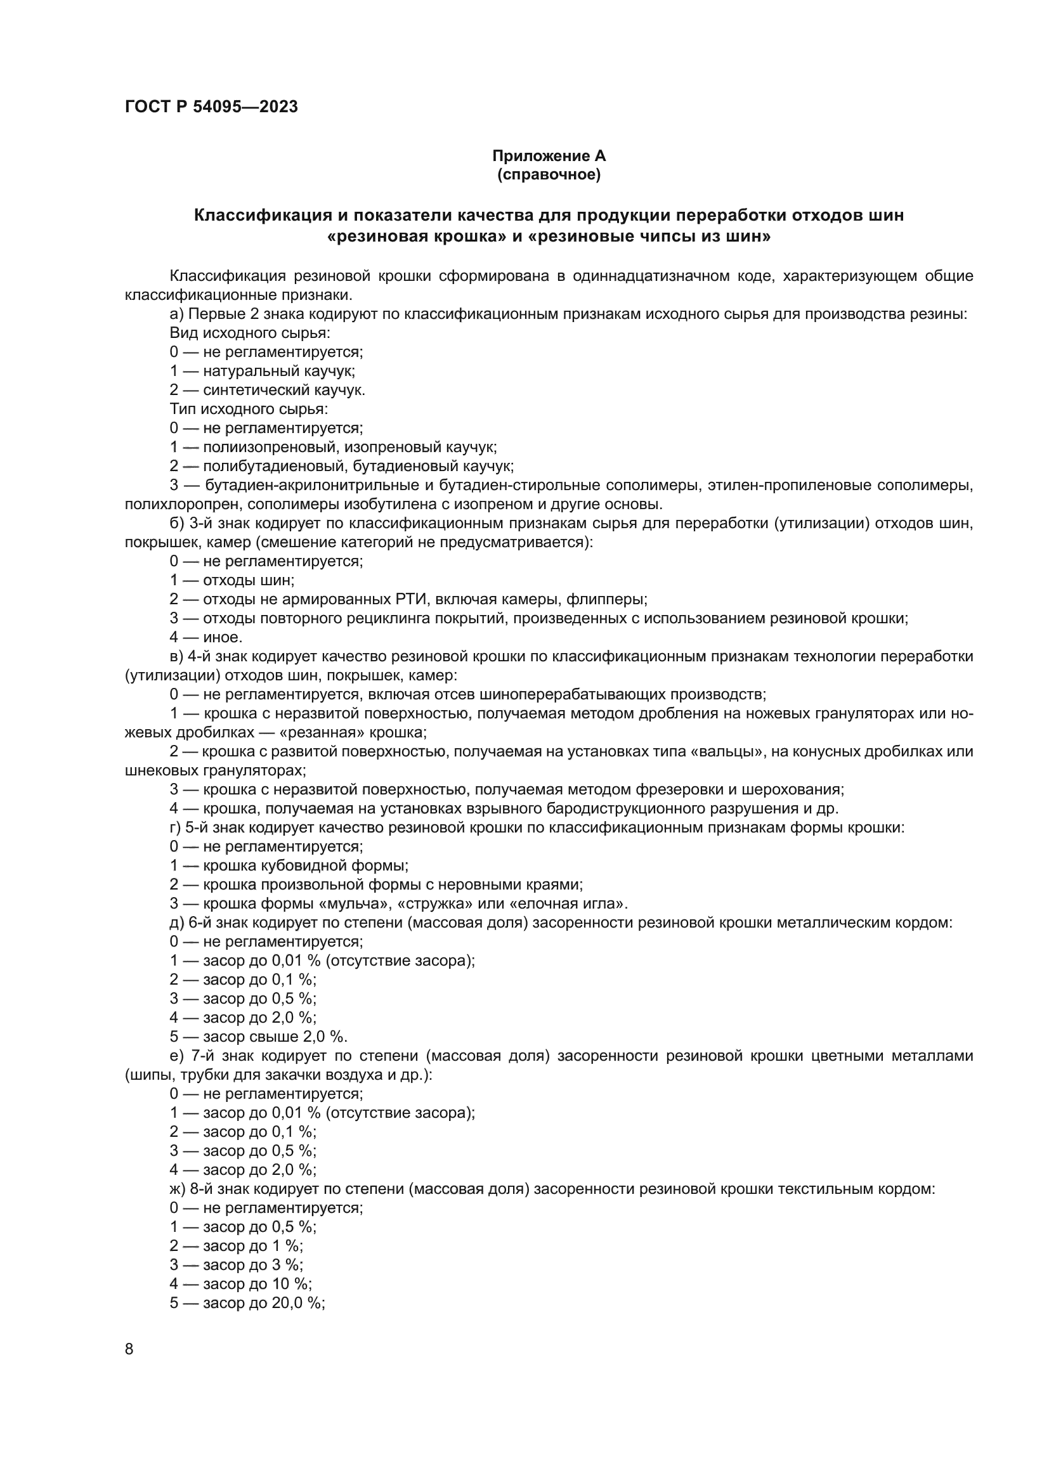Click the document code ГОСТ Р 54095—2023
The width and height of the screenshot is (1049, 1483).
pyautogui.click(x=211, y=107)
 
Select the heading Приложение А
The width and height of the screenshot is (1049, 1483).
pyautogui.click(x=549, y=156)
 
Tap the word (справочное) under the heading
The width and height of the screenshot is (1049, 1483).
pyautogui.click(x=549, y=174)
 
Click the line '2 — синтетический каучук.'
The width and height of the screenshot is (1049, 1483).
pyautogui.click(x=268, y=390)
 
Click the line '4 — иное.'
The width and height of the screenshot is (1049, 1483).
pyautogui.click(x=206, y=637)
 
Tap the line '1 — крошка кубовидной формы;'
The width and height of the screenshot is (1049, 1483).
pyautogui.click(x=289, y=865)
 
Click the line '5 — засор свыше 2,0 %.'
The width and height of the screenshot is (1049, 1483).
pyautogui.click(x=258, y=1037)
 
